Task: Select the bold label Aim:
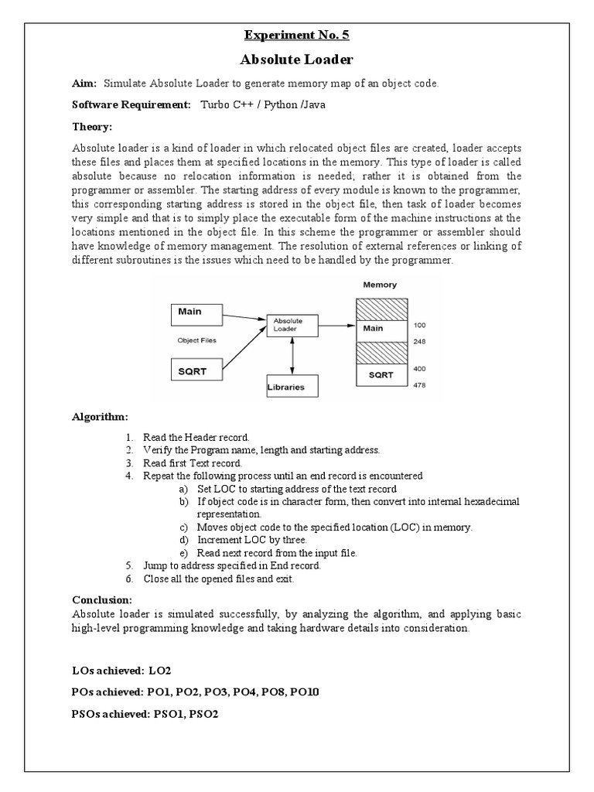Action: pos(85,84)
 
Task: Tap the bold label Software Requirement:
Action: pos(131,104)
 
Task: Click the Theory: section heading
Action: pos(92,126)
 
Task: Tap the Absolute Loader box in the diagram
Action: pos(291,325)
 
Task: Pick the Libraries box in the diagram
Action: pos(291,386)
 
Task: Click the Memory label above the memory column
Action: pos(380,285)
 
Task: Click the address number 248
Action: pos(420,340)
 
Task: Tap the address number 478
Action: pos(420,385)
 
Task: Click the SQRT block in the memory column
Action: pos(380,374)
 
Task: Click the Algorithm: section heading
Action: pos(99,417)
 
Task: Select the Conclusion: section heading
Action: pos(102,599)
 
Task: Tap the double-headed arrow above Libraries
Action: pos(292,357)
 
